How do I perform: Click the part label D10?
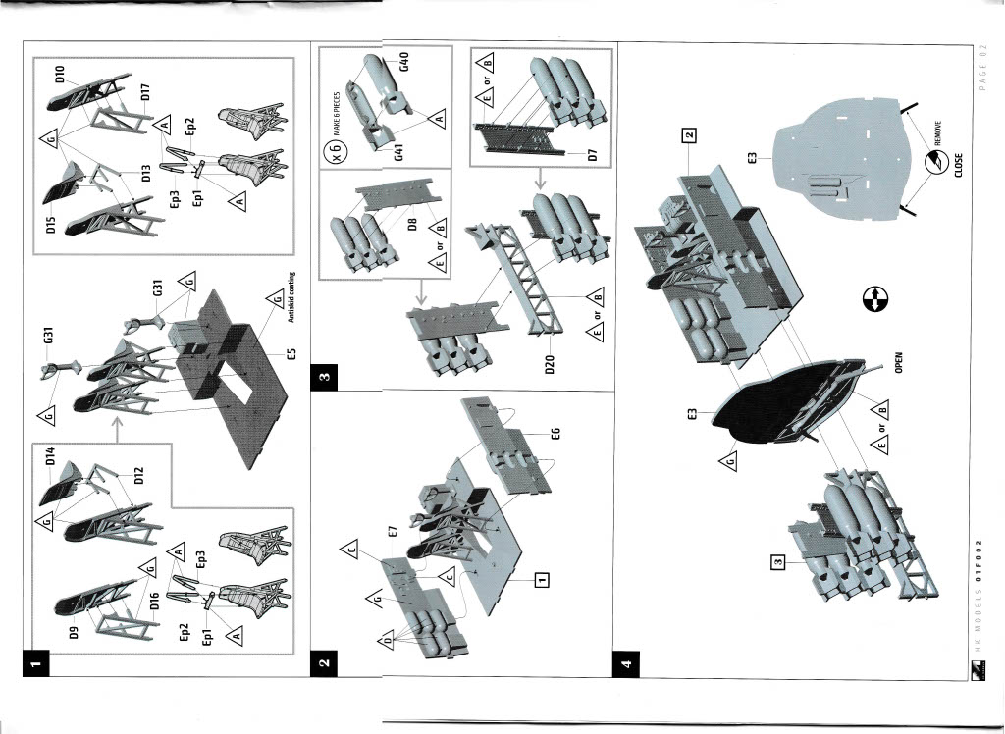pos(60,81)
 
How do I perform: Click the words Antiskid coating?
pos(291,296)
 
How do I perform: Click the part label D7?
pos(592,154)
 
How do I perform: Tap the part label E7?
pos(393,531)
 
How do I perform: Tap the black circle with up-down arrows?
pos(873,301)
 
